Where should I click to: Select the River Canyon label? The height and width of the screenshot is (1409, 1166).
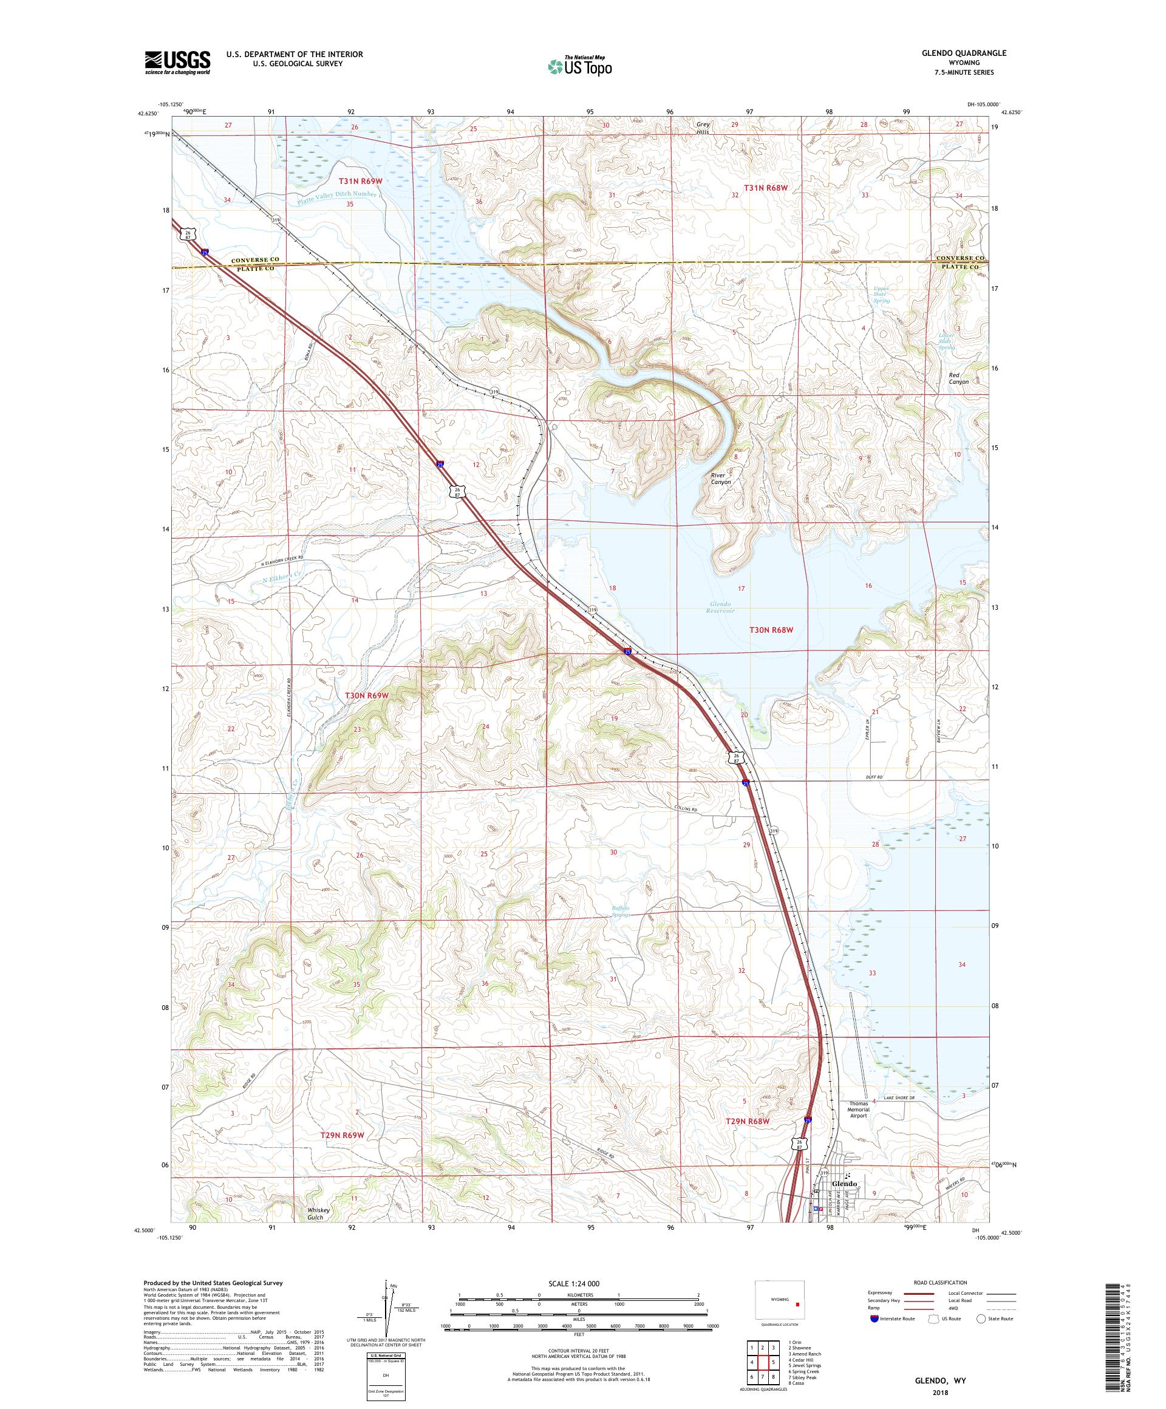click(720, 478)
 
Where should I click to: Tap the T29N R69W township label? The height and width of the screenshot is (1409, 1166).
click(342, 1135)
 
